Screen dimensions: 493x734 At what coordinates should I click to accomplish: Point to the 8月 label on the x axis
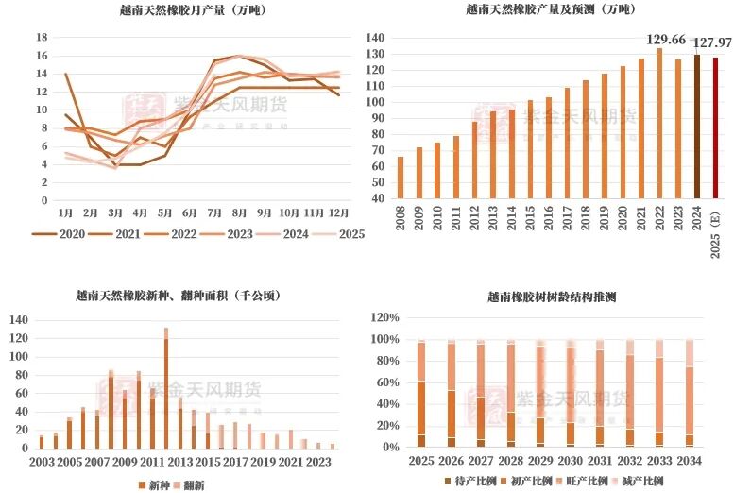[x=239, y=214]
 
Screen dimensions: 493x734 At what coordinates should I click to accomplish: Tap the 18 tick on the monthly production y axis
[x=42, y=38]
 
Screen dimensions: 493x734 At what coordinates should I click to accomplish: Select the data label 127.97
[x=713, y=43]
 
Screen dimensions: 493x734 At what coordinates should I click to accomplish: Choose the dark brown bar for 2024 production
[x=698, y=127]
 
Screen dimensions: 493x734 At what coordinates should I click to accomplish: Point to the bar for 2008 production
[x=401, y=178]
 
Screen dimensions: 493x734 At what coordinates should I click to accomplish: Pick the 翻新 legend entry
[x=209, y=484]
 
